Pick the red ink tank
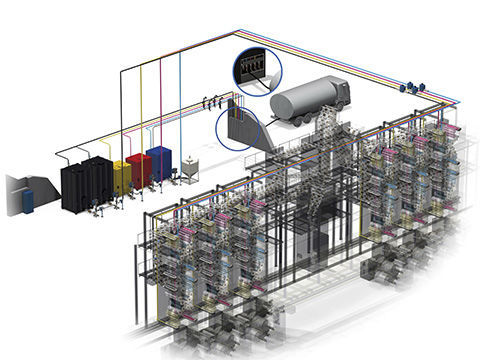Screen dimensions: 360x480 tap(139, 170)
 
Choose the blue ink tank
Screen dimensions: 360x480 tap(159, 163)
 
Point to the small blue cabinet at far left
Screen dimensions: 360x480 tap(28, 201)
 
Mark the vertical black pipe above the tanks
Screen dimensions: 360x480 tap(119, 110)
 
